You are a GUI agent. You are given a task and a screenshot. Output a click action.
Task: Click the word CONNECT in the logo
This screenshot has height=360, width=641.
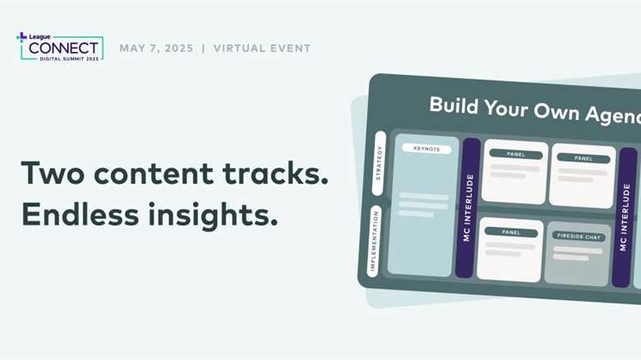[x=63, y=48]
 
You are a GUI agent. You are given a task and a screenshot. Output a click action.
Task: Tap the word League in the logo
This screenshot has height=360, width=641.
[x=39, y=37]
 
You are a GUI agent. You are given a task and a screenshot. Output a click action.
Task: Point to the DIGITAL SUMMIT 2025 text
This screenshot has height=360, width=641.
[x=69, y=59]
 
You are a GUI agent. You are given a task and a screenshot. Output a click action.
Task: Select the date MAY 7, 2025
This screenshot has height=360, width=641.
[x=156, y=48]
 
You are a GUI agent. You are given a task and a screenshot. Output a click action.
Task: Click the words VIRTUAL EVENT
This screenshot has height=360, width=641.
[x=262, y=48]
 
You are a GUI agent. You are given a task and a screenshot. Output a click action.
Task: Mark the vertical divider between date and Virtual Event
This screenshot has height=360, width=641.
[x=204, y=48]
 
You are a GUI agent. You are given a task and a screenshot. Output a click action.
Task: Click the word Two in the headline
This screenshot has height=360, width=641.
[x=53, y=173]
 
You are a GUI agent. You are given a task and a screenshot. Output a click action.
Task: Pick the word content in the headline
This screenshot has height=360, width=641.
[x=154, y=173]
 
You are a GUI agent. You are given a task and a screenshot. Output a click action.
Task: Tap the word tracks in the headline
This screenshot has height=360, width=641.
[x=275, y=173]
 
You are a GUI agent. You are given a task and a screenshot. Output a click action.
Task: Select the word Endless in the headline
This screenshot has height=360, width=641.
[x=81, y=214]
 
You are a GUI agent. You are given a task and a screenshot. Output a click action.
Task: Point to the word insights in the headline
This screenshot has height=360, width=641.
[x=213, y=215]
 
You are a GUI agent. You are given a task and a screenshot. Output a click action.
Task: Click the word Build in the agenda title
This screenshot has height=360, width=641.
[x=454, y=106]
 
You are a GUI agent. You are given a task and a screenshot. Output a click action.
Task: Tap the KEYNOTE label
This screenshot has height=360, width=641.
[x=427, y=149]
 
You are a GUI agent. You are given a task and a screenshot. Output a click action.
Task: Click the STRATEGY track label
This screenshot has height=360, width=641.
[x=379, y=163]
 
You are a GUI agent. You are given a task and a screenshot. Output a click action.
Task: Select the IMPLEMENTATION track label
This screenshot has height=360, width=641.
[x=373, y=242]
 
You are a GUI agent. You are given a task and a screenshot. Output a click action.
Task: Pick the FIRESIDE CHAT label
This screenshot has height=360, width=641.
[x=579, y=236]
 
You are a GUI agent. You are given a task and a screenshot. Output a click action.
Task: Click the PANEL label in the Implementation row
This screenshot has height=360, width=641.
[x=511, y=233]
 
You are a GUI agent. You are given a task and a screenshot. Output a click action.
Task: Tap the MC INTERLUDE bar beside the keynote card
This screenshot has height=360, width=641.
[x=468, y=208]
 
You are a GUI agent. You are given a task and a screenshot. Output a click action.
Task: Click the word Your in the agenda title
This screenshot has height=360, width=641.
[x=506, y=108]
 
